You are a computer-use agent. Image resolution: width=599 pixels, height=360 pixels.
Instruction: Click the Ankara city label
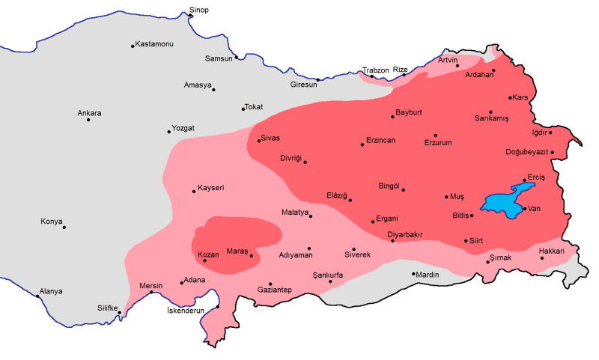click(x=89, y=114)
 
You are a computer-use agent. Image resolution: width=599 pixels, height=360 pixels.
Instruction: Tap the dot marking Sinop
click(x=190, y=16)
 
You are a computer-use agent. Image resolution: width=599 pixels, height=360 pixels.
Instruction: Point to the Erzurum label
click(x=438, y=142)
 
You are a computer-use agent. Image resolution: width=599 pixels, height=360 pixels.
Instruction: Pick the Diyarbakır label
click(x=405, y=234)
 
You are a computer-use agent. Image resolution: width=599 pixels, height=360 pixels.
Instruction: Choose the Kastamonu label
click(x=154, y=45)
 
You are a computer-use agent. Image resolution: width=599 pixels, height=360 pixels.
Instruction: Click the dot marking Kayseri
click(x=195, y=192)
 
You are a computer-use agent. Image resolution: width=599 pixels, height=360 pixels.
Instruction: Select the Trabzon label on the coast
click(x=376, y=70)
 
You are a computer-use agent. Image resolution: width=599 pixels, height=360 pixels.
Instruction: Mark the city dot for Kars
click(x=510, y=98)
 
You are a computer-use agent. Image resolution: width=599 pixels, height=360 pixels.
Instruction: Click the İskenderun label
click(x=185, y=311)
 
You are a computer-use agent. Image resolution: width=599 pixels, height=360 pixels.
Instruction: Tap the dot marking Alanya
click(x=38, y=296)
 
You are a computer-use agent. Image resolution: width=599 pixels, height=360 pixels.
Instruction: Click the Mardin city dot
click(x=413, y=274)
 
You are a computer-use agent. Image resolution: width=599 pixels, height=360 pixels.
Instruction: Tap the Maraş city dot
click(x=252, y=256)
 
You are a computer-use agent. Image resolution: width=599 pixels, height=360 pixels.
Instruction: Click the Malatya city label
click(x=295, y=213)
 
